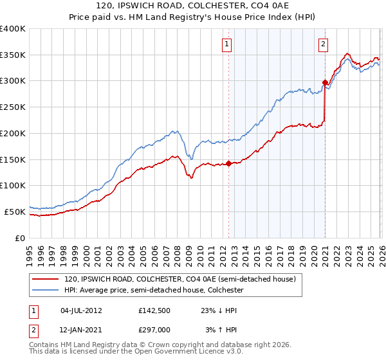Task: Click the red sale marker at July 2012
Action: pos(228,163)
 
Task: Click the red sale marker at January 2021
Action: pos(325,82)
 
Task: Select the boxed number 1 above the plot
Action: pos(228,44)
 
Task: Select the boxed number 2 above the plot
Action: pos(323,44)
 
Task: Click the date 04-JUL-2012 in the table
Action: pos(81,310)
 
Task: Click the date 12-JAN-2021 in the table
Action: pos(81,329)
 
